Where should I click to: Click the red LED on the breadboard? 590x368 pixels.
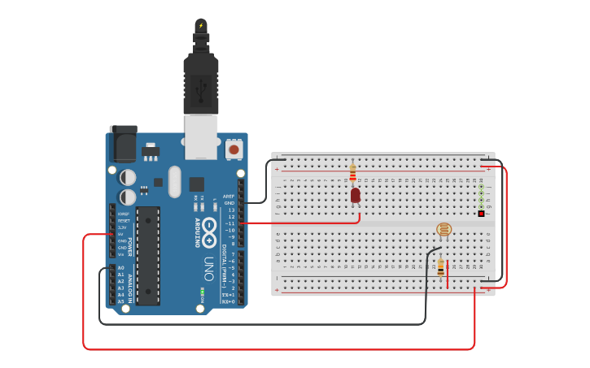pos(356,195)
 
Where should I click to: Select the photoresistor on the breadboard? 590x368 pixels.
pos(444,230)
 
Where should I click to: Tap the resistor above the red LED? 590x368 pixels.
pos(352,172)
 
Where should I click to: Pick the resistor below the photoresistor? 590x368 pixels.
pos(441,266)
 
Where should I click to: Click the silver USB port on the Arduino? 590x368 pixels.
pos(200,136)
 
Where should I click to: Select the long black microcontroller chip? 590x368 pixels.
pos(148,255)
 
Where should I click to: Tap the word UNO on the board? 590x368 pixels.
pos(209,268)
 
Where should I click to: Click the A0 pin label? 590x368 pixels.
pos(121,267)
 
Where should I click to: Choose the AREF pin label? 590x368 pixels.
pos(229,196)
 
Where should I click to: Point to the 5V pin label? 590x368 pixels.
pos(121,234)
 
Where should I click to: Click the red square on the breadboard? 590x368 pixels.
pos(481,214)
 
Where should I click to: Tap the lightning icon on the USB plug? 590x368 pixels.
pos(201,26)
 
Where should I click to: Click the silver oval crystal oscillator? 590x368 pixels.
pos(175,182)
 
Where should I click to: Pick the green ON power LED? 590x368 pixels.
pos(202,291)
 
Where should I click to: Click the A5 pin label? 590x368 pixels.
pos(121,301)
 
